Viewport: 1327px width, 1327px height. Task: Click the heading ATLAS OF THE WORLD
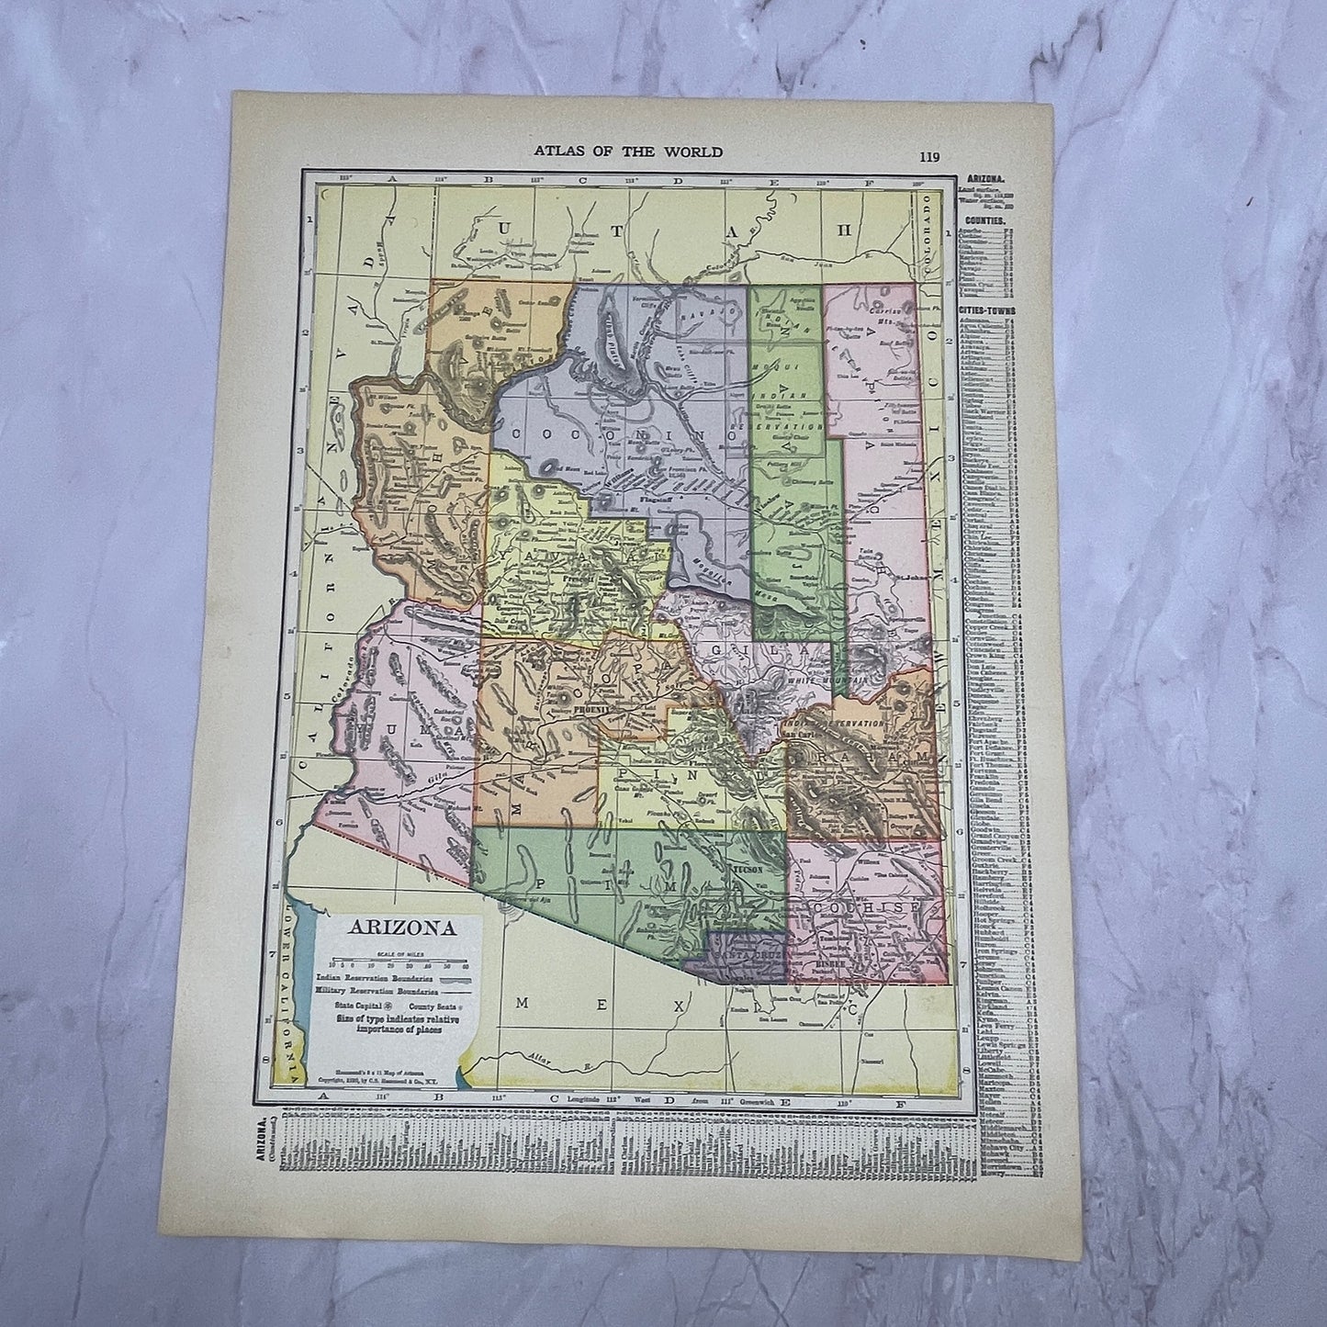tap(628, 152)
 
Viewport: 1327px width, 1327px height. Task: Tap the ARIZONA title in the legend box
tap(400, 926)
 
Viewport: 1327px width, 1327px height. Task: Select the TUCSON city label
tap(747, 869)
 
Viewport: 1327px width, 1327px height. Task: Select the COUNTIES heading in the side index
tap(985, 222)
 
